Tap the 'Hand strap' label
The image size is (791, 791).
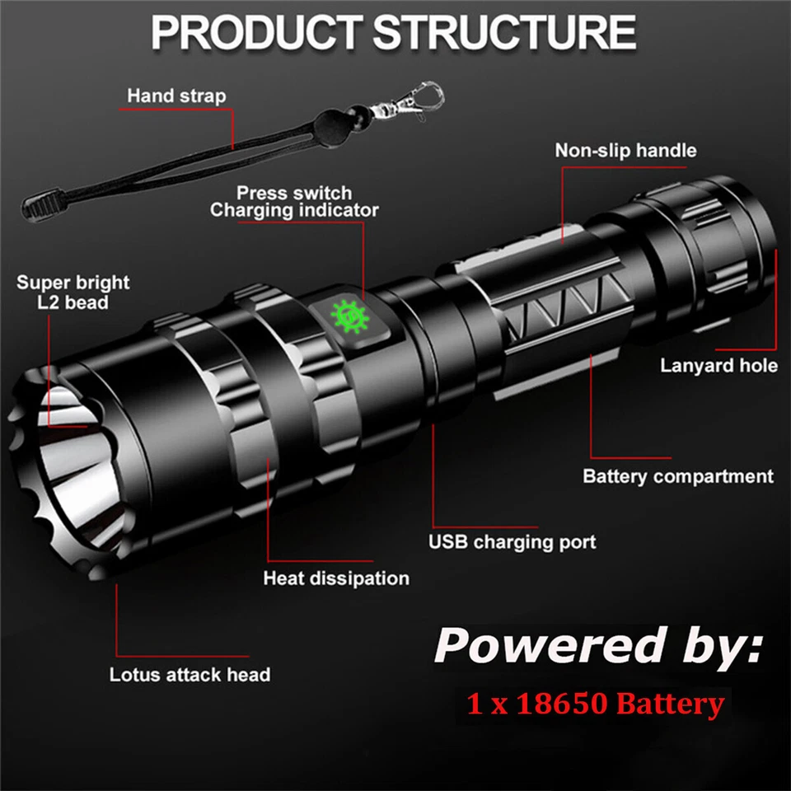click(x=176, y=96)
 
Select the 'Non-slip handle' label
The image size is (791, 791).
click(x=625, y=150)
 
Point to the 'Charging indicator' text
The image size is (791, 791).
click(x=294, y=211)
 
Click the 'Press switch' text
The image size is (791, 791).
click(x=294, y=193)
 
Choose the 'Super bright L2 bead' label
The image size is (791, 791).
click(x=73, y=293)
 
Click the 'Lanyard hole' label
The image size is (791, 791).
click(x=718, y=365)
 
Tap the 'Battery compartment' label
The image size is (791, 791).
click(x=677, y=476)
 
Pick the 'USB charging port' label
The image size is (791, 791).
click(x=512, y=542)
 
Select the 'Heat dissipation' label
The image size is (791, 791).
click(x=336, y=578)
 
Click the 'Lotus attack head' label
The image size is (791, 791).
click(x=190, y=675)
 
